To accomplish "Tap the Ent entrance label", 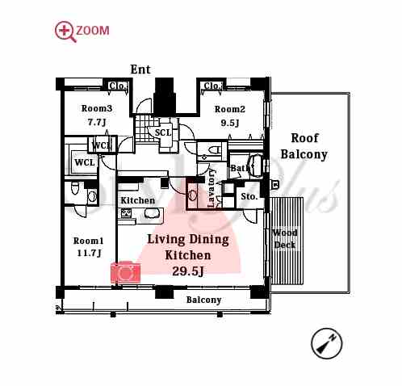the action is point(140,69).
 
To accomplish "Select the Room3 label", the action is point(97,108).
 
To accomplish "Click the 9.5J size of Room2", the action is point(230,123).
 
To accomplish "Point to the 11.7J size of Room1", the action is point(89,254).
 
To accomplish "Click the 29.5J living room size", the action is point(187,271).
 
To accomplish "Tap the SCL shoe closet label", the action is point(163,132).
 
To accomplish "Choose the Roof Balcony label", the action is point(304,146).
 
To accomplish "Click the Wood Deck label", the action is point(285,239).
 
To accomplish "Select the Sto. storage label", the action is point(249,196).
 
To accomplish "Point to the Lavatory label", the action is point(211,188).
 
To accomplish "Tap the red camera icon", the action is point(125,272).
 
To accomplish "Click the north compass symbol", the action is point(326,343).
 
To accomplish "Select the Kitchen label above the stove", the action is point(137,200).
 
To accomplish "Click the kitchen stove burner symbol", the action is point(125,213).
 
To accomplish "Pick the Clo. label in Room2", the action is point(212,86).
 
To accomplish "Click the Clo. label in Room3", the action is point(118,86).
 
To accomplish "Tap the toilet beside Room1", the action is point(74,188).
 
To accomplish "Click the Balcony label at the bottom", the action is point(203,300).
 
